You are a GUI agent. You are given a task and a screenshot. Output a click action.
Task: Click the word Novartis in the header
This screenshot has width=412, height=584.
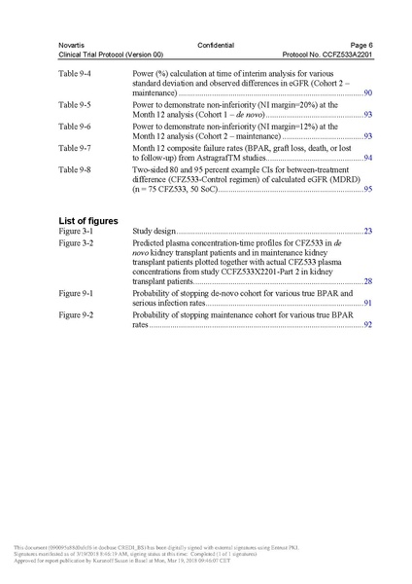71,46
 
